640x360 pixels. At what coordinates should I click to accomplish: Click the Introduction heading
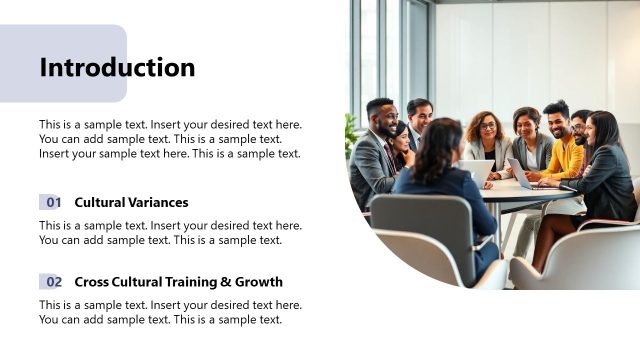(x=117, y=68)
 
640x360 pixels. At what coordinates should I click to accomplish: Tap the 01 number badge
(x=53, y=202)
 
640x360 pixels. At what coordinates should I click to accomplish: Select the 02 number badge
(x=53, y=282)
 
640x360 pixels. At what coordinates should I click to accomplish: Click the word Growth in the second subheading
(x=260, y=282)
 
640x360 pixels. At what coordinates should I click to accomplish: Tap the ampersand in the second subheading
(x=227, y=282)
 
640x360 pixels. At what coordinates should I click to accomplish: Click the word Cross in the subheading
(x=92, y=282)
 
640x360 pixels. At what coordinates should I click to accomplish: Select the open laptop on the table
(x=520, y=173)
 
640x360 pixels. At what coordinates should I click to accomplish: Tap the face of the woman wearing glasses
(x=488, y=128)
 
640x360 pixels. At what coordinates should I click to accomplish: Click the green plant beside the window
(x=352, y=135)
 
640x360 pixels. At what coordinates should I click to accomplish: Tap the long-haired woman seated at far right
(x=605, y=160)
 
